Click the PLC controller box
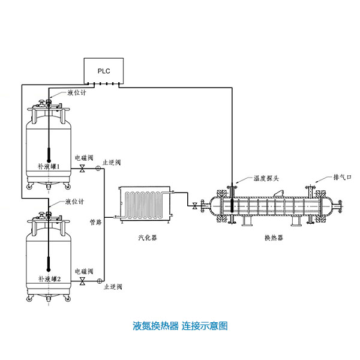tap(104, 71)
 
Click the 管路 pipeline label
tap(96, 214)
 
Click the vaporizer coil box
tap(146, 203)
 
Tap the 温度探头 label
tap(266, 178)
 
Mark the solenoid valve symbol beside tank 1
tap(82, 170)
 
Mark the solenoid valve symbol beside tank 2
tap(82, 281)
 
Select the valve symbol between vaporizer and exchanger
tap(195, 207)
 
